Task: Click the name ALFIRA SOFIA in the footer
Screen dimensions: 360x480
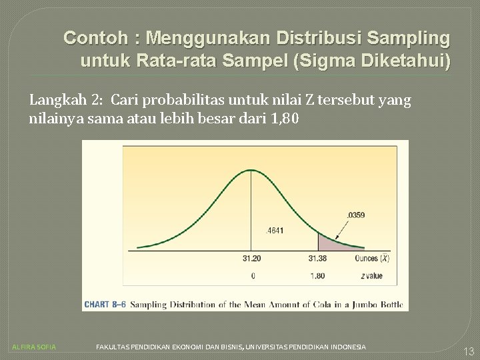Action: click(x=35, y=347)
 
